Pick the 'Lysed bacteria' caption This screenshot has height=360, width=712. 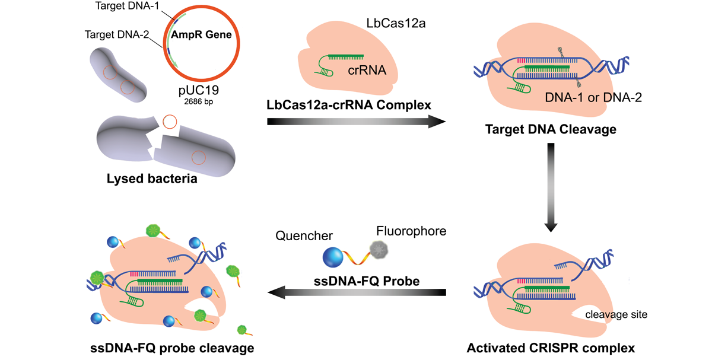coord(151,179)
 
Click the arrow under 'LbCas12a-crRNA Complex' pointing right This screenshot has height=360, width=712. coord(356,122)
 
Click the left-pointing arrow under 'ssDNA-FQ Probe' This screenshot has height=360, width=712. coord(356,292)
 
